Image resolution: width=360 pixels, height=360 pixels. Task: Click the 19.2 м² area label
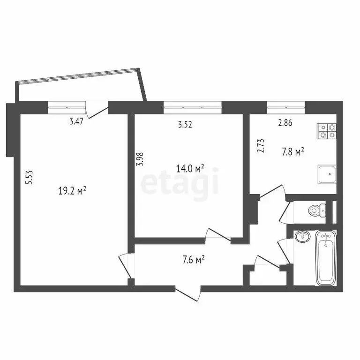click(72, 191)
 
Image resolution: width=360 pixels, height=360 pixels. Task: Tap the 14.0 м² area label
click(190, 169)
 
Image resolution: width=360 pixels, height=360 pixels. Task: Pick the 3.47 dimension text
click(77, 122)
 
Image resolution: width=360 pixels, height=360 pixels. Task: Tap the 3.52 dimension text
click(186, 125)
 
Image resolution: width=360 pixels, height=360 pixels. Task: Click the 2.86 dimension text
click(285, 124)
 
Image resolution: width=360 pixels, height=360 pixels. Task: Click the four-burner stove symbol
click(327, 131)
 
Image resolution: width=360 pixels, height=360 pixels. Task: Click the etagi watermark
click(180, 183)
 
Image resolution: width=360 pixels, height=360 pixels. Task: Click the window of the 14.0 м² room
click(192, 107)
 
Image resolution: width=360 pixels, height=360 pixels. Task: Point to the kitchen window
click(285, 107)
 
